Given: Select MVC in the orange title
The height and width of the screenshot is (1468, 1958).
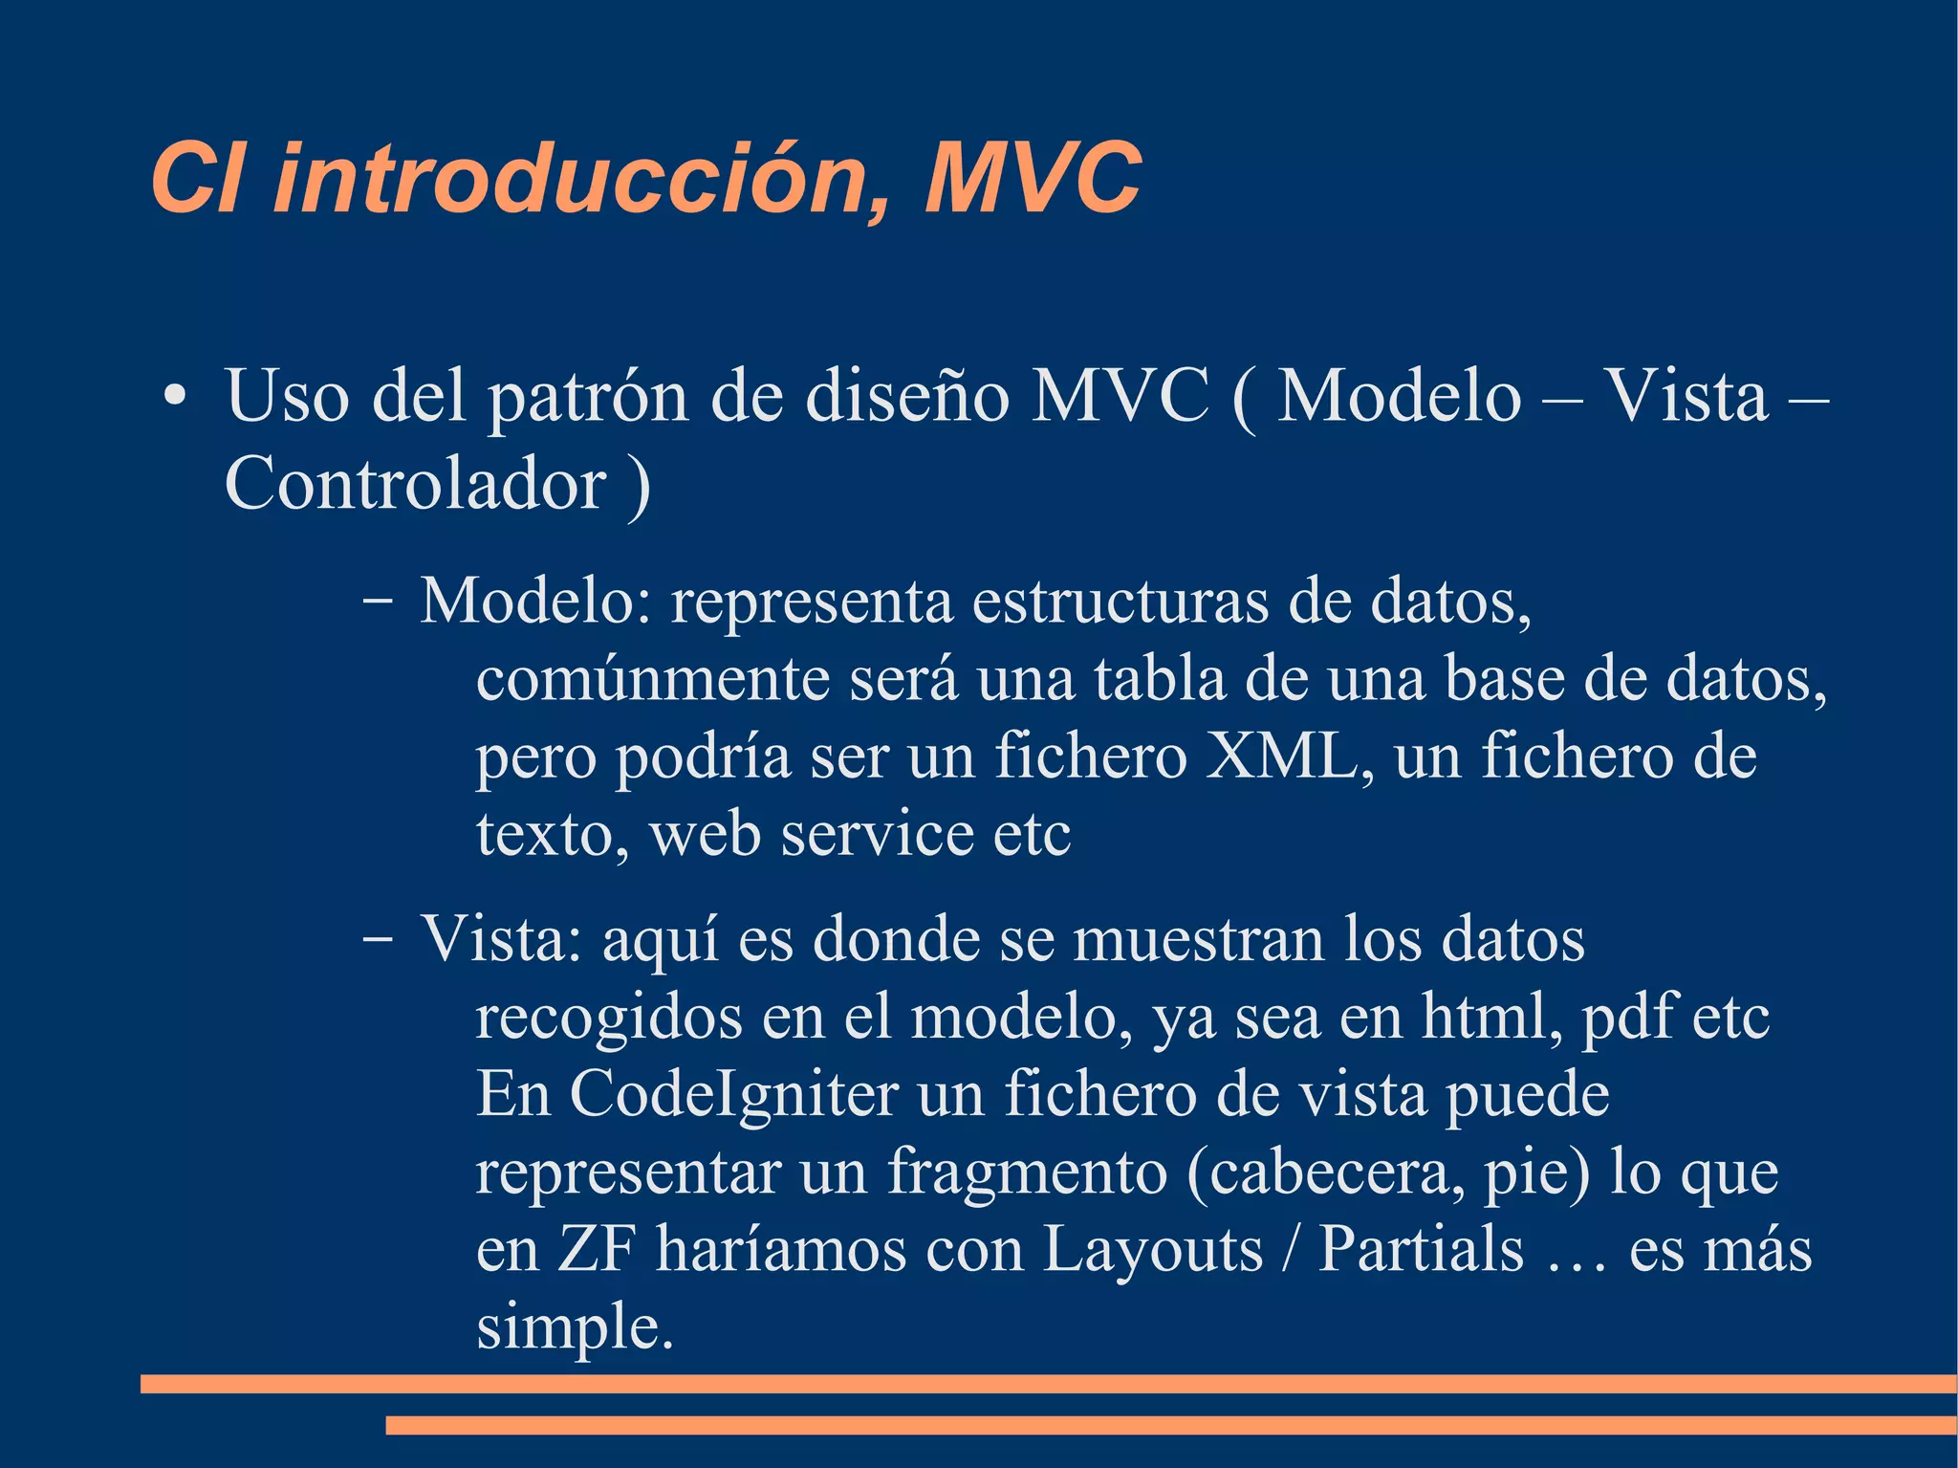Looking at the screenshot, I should (1033, 179).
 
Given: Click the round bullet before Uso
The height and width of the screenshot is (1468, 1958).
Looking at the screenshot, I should (173, 398).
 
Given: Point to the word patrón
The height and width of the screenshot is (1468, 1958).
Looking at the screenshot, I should (588, 398).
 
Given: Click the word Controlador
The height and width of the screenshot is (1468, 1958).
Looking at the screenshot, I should (415, 484).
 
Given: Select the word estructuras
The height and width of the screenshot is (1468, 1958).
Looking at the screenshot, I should (1120, 602).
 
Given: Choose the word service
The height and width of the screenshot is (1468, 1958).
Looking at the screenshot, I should (878, 834).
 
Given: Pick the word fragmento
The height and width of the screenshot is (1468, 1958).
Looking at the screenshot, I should (1027, 1172).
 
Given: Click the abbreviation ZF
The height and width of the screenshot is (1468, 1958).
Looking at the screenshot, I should (597, 1249).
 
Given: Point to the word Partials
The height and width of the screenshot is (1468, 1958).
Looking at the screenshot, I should (1421, 1249).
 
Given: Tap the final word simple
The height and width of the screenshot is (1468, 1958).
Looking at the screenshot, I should (574, 1327).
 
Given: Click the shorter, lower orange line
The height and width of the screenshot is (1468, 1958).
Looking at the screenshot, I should (1170, 1426).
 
